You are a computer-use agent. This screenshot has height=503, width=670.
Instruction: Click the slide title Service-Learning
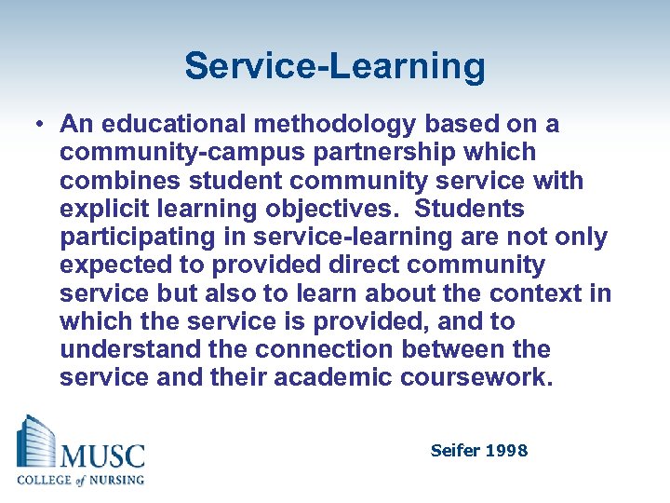coord(335,67)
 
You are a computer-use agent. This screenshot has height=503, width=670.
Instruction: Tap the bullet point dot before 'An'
coord(40,124)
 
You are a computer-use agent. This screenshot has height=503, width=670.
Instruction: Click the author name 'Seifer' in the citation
coord(453,451)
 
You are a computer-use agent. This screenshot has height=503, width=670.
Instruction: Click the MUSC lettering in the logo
coord(102,455)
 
